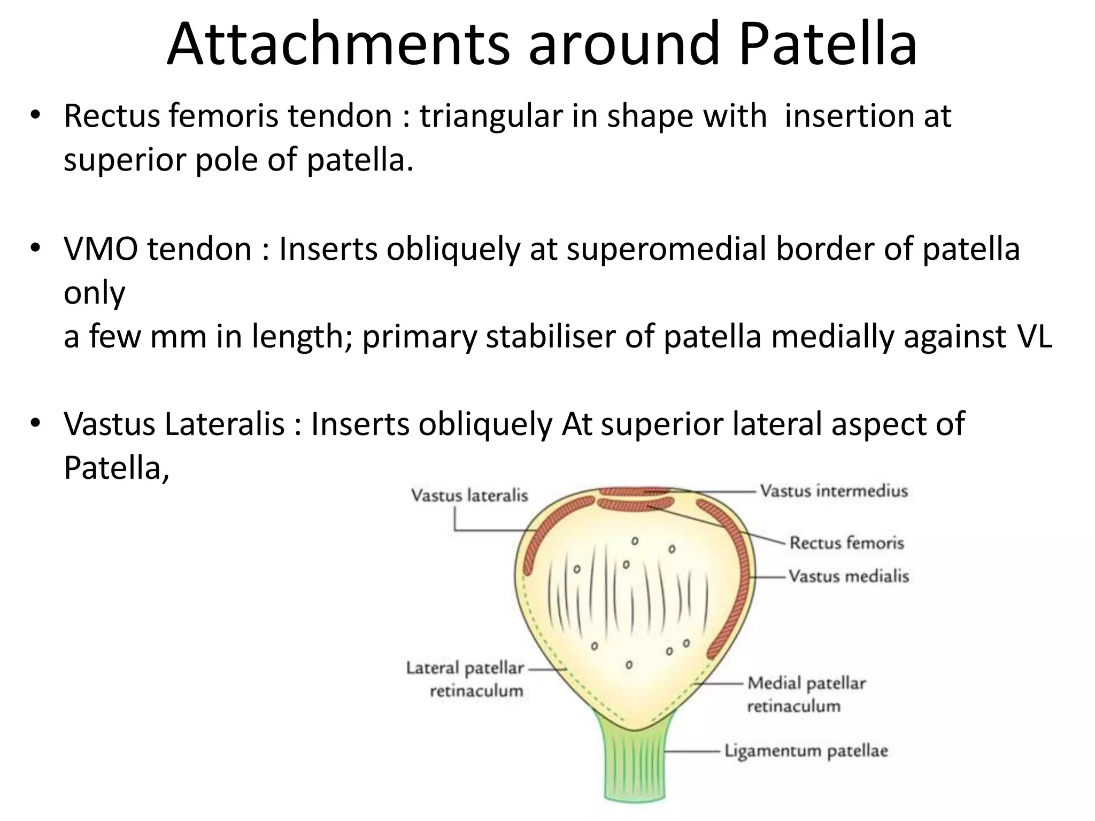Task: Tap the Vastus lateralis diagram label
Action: (x=469, y=495)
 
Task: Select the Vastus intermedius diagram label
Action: (x=834, y=491)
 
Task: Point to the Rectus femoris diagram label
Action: (x=846, y=543)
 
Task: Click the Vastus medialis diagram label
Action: (x=849, y=576)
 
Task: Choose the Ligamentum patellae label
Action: (x=806, y=750)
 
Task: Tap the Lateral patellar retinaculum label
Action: (x=465, y=679)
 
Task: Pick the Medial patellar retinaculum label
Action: (x=806, y=694)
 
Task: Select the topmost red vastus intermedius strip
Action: (x=634, y=491)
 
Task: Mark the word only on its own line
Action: (x=94, y=293)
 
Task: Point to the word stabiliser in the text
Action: (x=550, y=337)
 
